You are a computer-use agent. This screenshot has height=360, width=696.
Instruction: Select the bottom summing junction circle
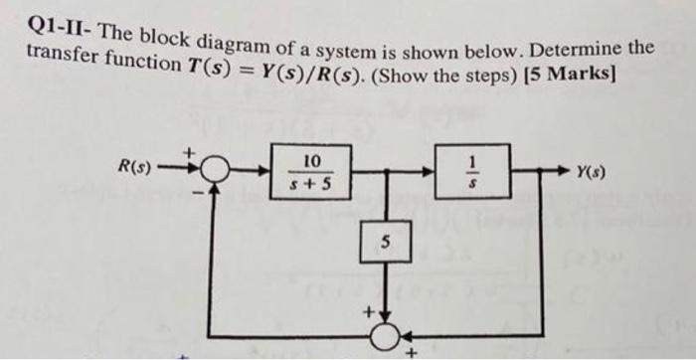(x=379, y=335)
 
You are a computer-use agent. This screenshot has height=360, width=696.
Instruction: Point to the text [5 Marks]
(x=569, y=77)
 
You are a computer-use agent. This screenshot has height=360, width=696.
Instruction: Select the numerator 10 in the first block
(x=311, y=160)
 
